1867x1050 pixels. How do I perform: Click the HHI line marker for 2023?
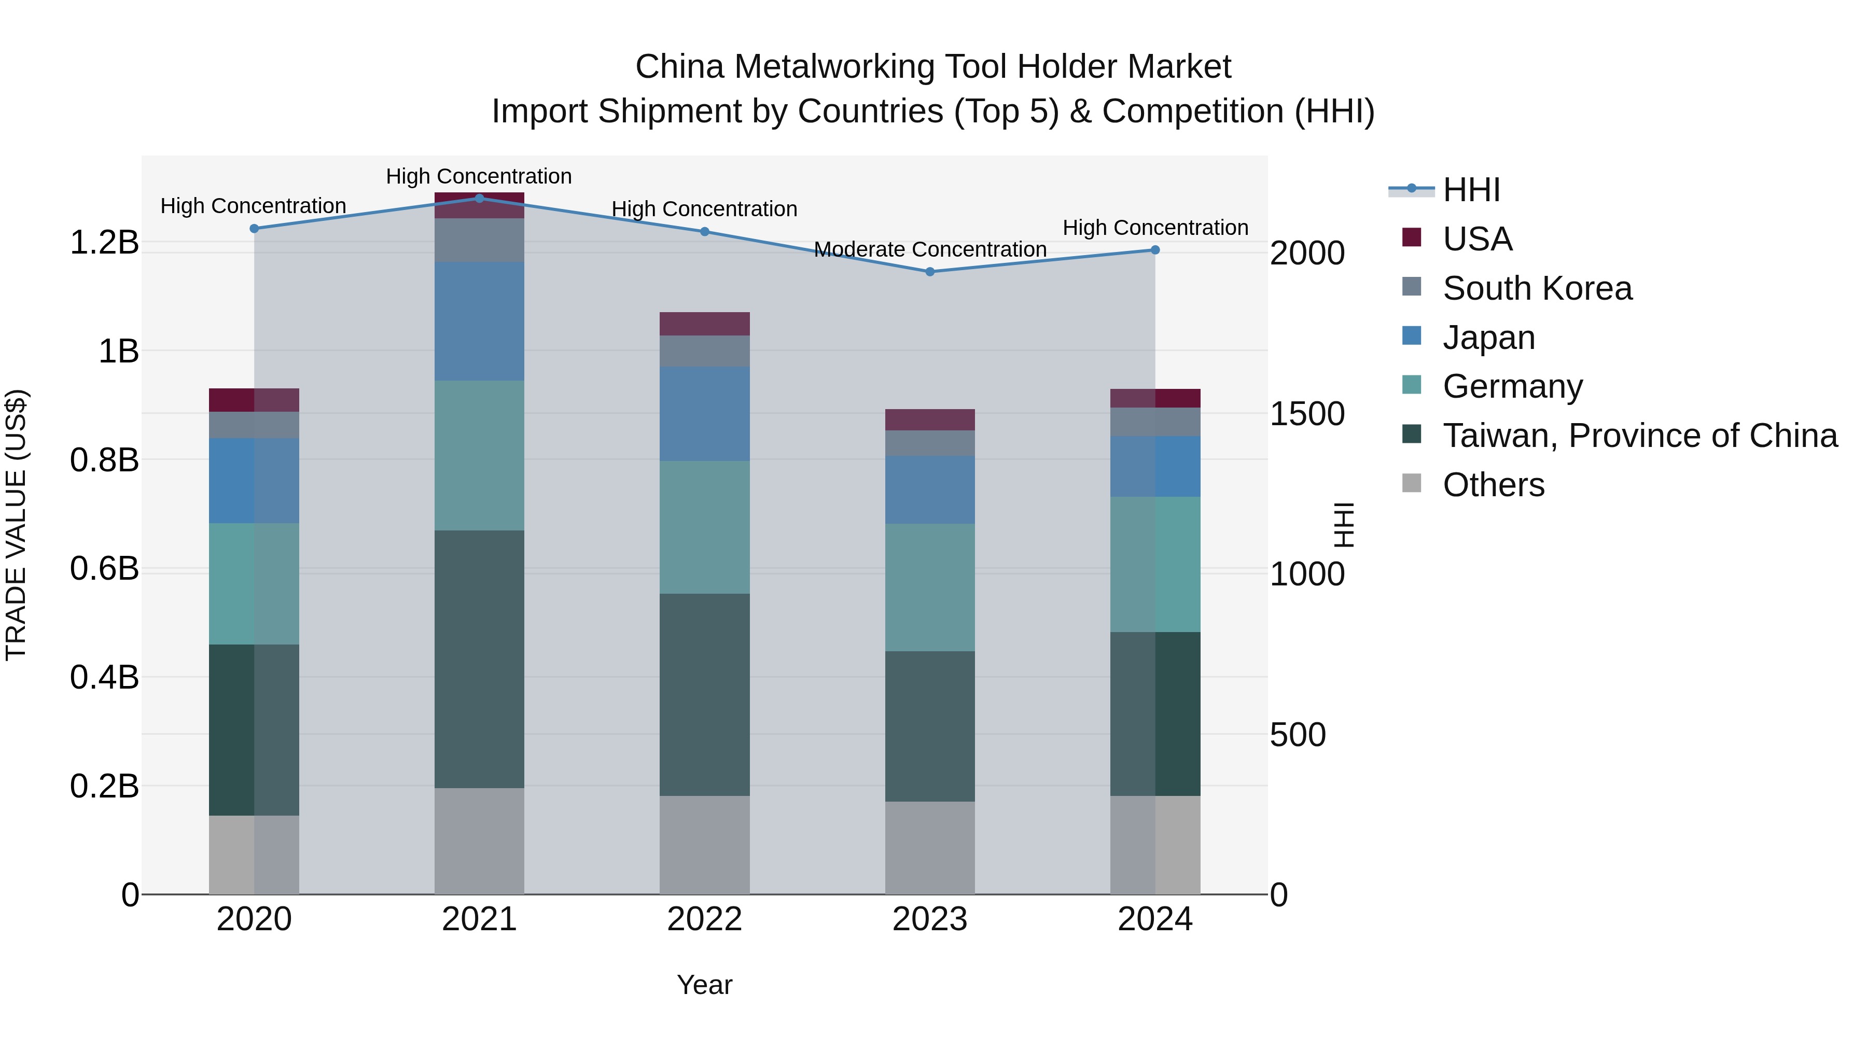tap(930, 272)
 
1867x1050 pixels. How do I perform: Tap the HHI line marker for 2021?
tap(479, 198)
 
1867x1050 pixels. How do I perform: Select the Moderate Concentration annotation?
tap(930, 249)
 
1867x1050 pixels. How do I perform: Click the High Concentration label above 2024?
tap(1155, 228)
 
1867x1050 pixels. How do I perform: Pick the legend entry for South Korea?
tap(1537, 288)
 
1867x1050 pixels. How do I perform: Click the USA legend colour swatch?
tap(1411, 237)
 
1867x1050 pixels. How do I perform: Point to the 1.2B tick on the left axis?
tap(104, 242)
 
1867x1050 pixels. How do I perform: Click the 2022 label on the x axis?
tap(704, 919)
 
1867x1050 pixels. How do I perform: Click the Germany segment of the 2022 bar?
tap(704, 527)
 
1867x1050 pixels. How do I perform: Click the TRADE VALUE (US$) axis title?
tap(16, 525)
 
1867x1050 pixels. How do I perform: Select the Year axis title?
tap(704, 985)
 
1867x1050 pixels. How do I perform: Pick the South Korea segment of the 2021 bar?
tap(479, 240)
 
